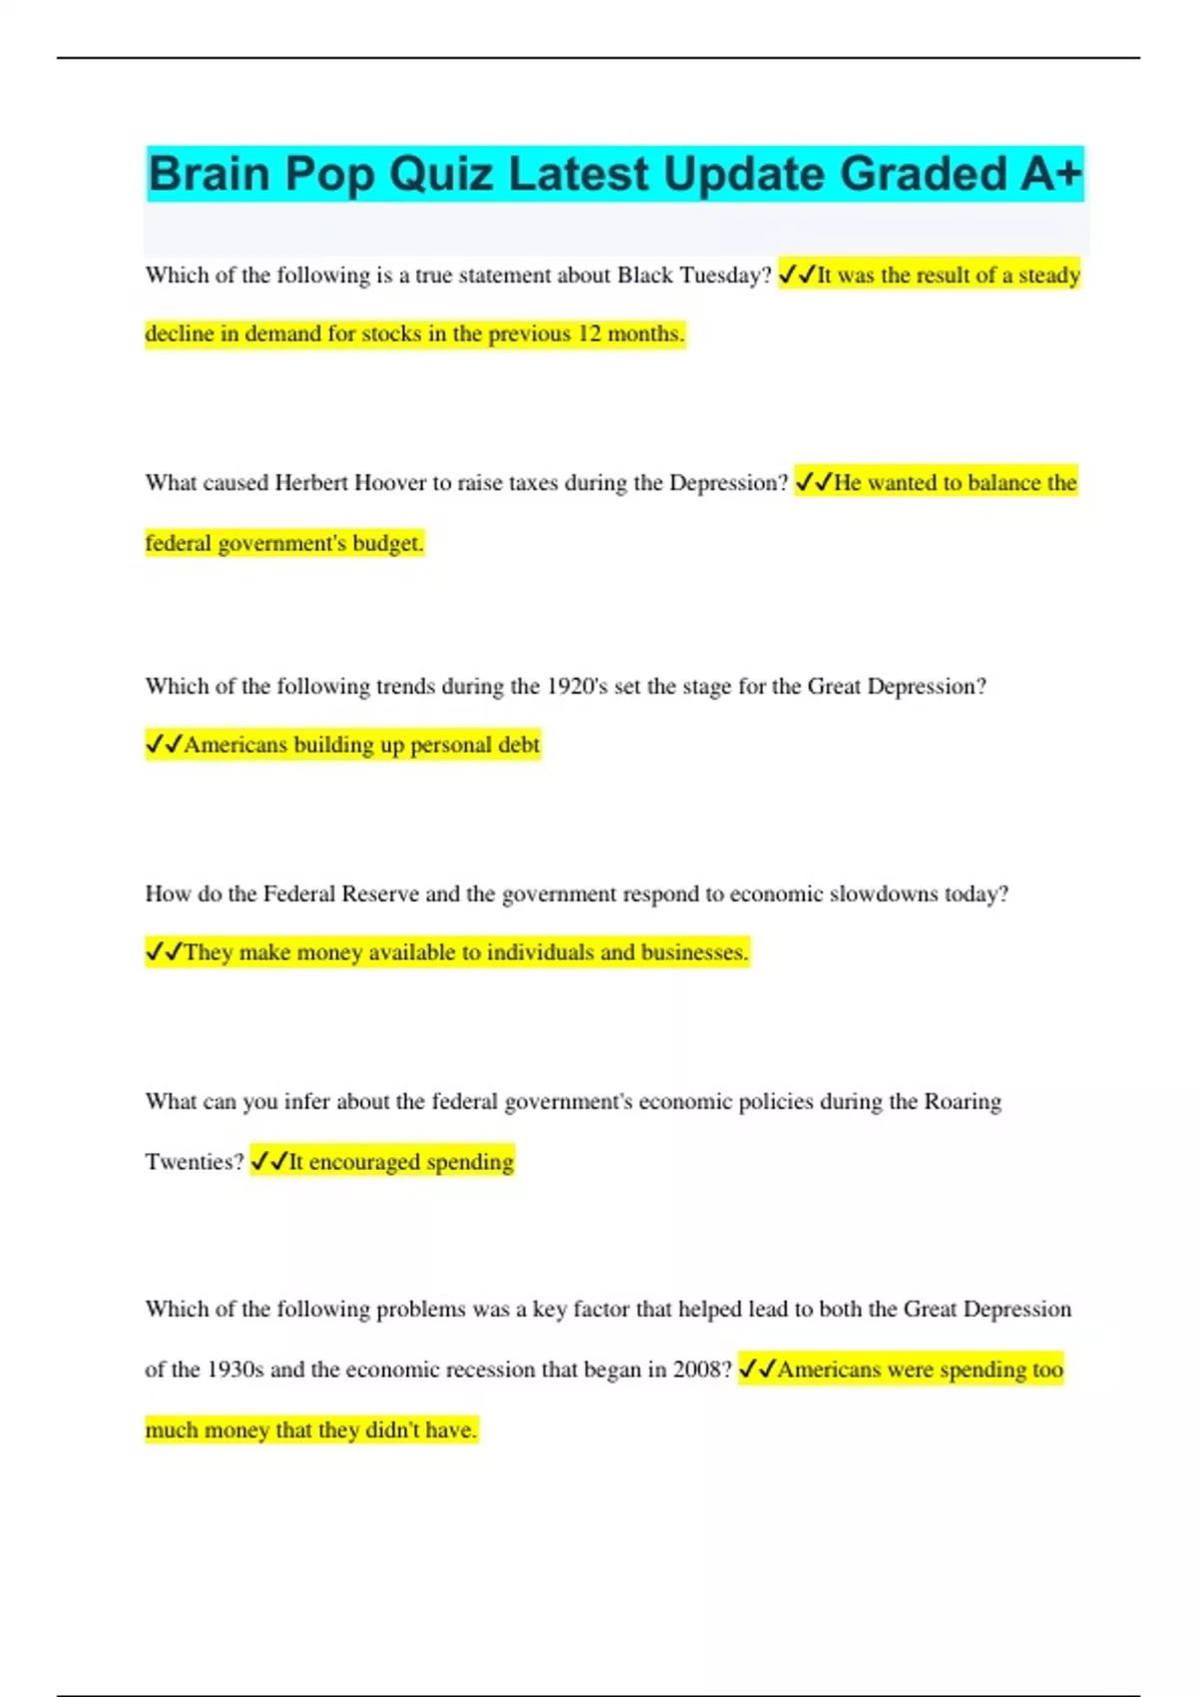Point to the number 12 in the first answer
point(589,334)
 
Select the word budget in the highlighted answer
point(387,544)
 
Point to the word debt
point(518,745)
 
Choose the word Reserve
point(379,894)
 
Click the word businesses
point(694,953)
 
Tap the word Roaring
point(962,1102)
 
